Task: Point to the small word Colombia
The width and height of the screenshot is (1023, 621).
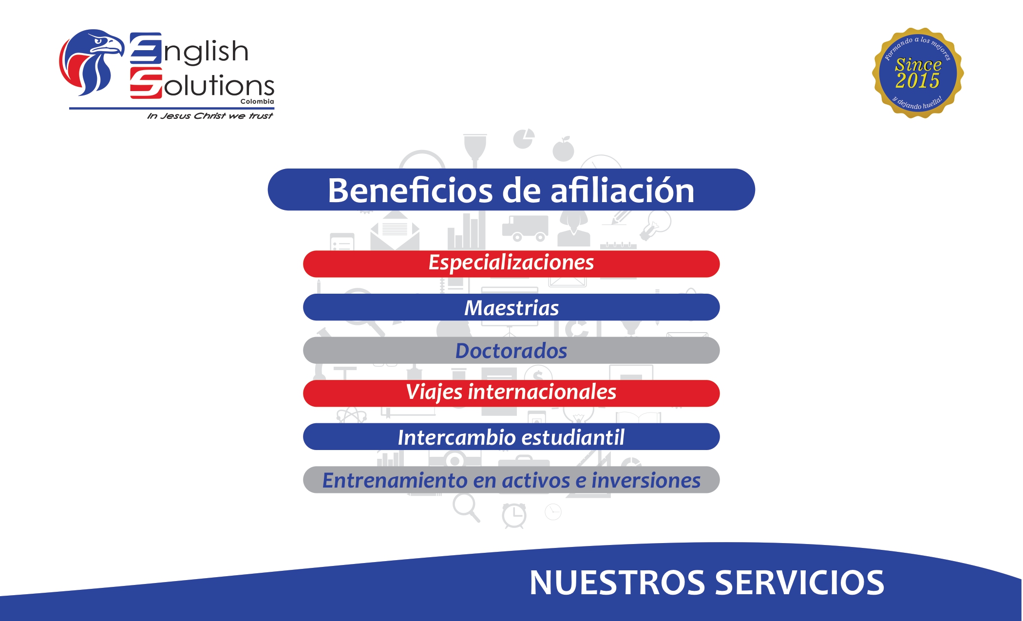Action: (257, 102)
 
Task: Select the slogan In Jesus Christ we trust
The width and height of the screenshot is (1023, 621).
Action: (210, 116)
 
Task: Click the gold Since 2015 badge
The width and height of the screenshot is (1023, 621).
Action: (918, 73)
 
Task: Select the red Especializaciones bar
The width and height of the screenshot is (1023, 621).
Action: (511, 263)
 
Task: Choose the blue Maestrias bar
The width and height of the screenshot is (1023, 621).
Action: (511, 308)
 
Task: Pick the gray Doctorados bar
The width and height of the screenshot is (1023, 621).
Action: (511, 351)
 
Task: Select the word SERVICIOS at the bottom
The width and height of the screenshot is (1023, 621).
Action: (799, 583)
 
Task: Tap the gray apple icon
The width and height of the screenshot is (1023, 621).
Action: (564, 150)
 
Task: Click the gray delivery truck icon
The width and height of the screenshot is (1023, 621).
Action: (525, 228)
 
